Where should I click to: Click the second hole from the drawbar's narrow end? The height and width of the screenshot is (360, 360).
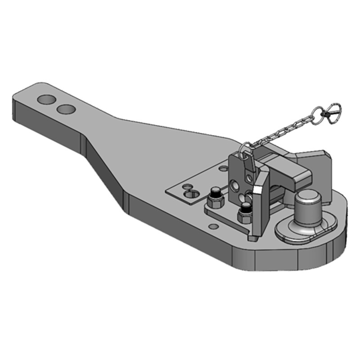[x=66, y=109]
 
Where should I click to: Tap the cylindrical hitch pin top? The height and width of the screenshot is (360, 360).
[x=306, y=197]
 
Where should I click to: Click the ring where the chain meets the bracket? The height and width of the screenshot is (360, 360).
[x=247, y=147]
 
